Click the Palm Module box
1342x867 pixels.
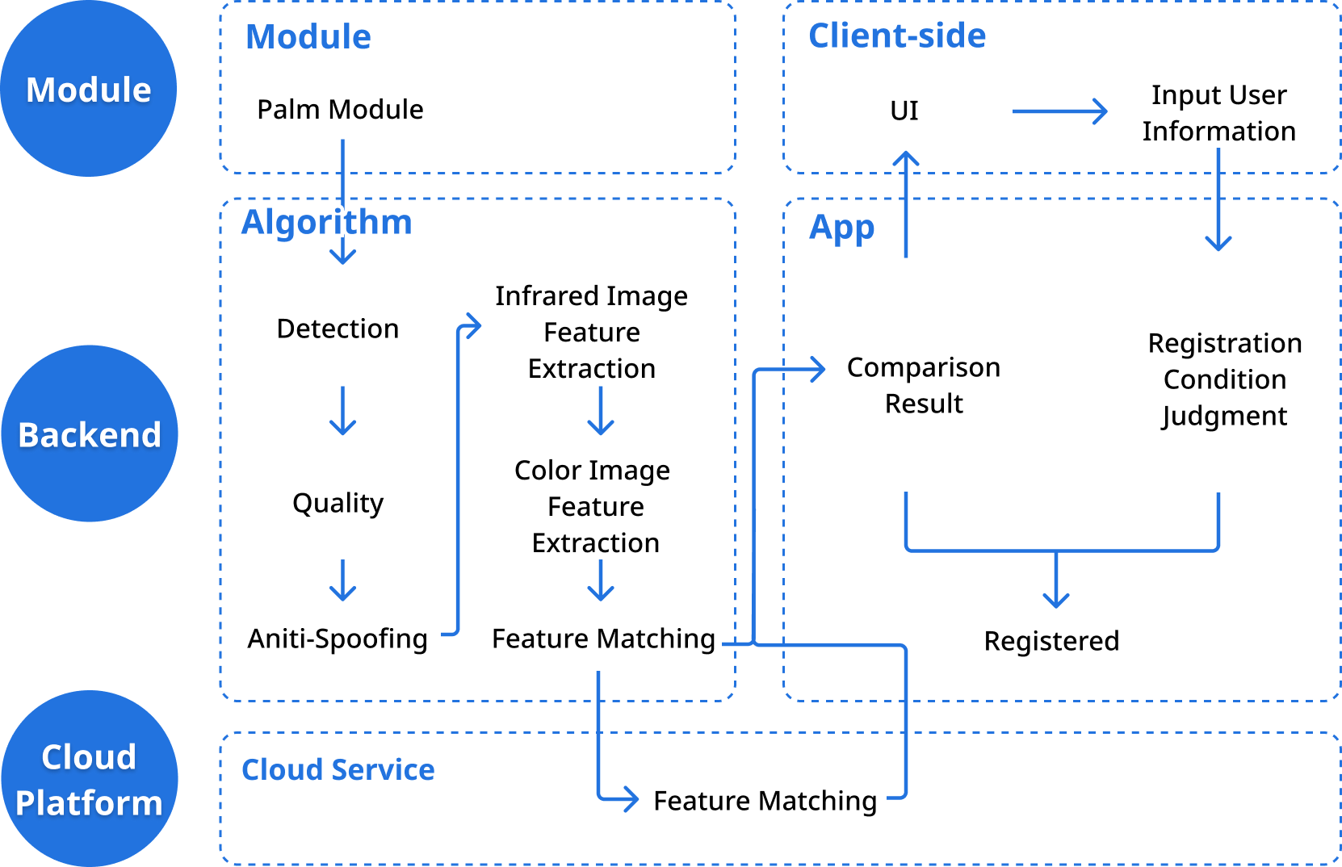click(341, 107)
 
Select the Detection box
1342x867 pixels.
click(338, 328)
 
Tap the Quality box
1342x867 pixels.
click(338, 501)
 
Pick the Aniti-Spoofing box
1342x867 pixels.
click(338, 639)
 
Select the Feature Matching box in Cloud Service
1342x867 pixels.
click(765, 799)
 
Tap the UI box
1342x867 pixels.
click(910, 111)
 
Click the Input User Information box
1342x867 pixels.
click(1218, 112)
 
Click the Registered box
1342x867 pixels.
click(1051, 643)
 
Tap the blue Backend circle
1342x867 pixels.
click(90, 433)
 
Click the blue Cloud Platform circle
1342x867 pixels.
click(90, 779)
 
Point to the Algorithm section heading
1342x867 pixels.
click(326, 222)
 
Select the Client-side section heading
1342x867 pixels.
click(897, 36)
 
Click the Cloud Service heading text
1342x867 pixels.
click(338, 769)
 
